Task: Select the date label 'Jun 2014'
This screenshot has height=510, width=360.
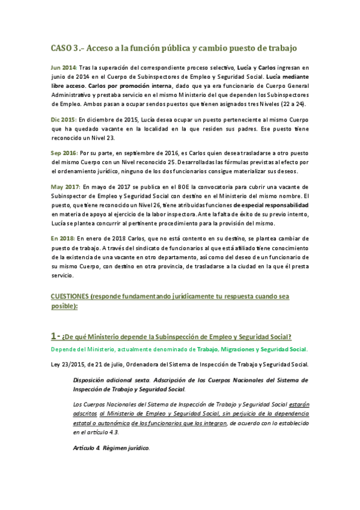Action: click(64, 69)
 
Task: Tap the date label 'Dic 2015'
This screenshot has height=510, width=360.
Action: click(63, 120)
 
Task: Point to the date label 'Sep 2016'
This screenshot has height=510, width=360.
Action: click(64, 154)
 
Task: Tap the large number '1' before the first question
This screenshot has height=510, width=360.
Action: click(54, 335)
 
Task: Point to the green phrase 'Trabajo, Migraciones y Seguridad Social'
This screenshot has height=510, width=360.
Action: click(251, 349)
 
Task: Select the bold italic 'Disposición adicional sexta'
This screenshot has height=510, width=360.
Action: click(110, 380)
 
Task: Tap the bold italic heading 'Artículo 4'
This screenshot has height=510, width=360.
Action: click(85, 448)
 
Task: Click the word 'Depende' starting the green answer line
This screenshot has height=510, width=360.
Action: click(64, 349)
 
